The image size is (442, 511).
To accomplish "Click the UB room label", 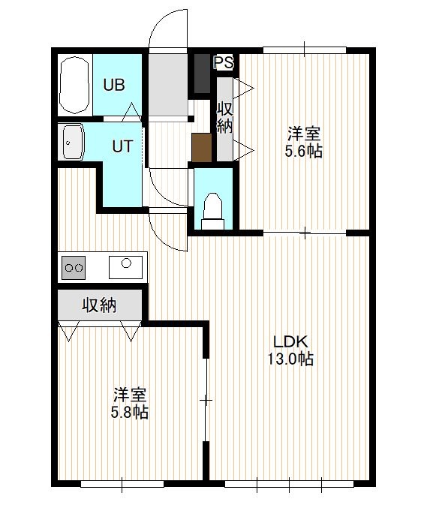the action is coord(114,85).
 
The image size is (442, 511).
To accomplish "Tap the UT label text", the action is coord(122,146).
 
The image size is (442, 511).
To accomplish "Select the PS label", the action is coord(224,62).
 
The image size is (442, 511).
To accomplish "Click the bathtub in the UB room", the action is coord(74,85).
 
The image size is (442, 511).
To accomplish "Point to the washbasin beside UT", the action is coord(74,142).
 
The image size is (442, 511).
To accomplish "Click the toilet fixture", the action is coord(213,211).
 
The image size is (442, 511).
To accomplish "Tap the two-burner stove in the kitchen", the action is coord(74,268).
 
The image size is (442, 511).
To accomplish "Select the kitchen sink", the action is coord(125,267).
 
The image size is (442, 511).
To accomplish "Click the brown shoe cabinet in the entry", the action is coord(202,148).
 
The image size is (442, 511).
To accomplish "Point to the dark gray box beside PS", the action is coord(202,74).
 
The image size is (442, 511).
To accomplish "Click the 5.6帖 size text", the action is coord(304,152).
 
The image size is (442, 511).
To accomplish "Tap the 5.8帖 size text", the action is coord(130,412).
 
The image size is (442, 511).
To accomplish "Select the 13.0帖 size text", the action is coord(290,359).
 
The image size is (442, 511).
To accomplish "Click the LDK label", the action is coord(290,341).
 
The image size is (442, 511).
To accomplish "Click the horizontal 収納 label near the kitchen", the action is coord(99,305).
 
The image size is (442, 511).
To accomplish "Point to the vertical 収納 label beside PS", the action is coord(225,117).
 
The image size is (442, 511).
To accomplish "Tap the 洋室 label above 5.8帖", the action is coord(130,395).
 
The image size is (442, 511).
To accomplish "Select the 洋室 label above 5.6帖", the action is coord(304,134).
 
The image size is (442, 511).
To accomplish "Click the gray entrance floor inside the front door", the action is coord(168,84).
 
